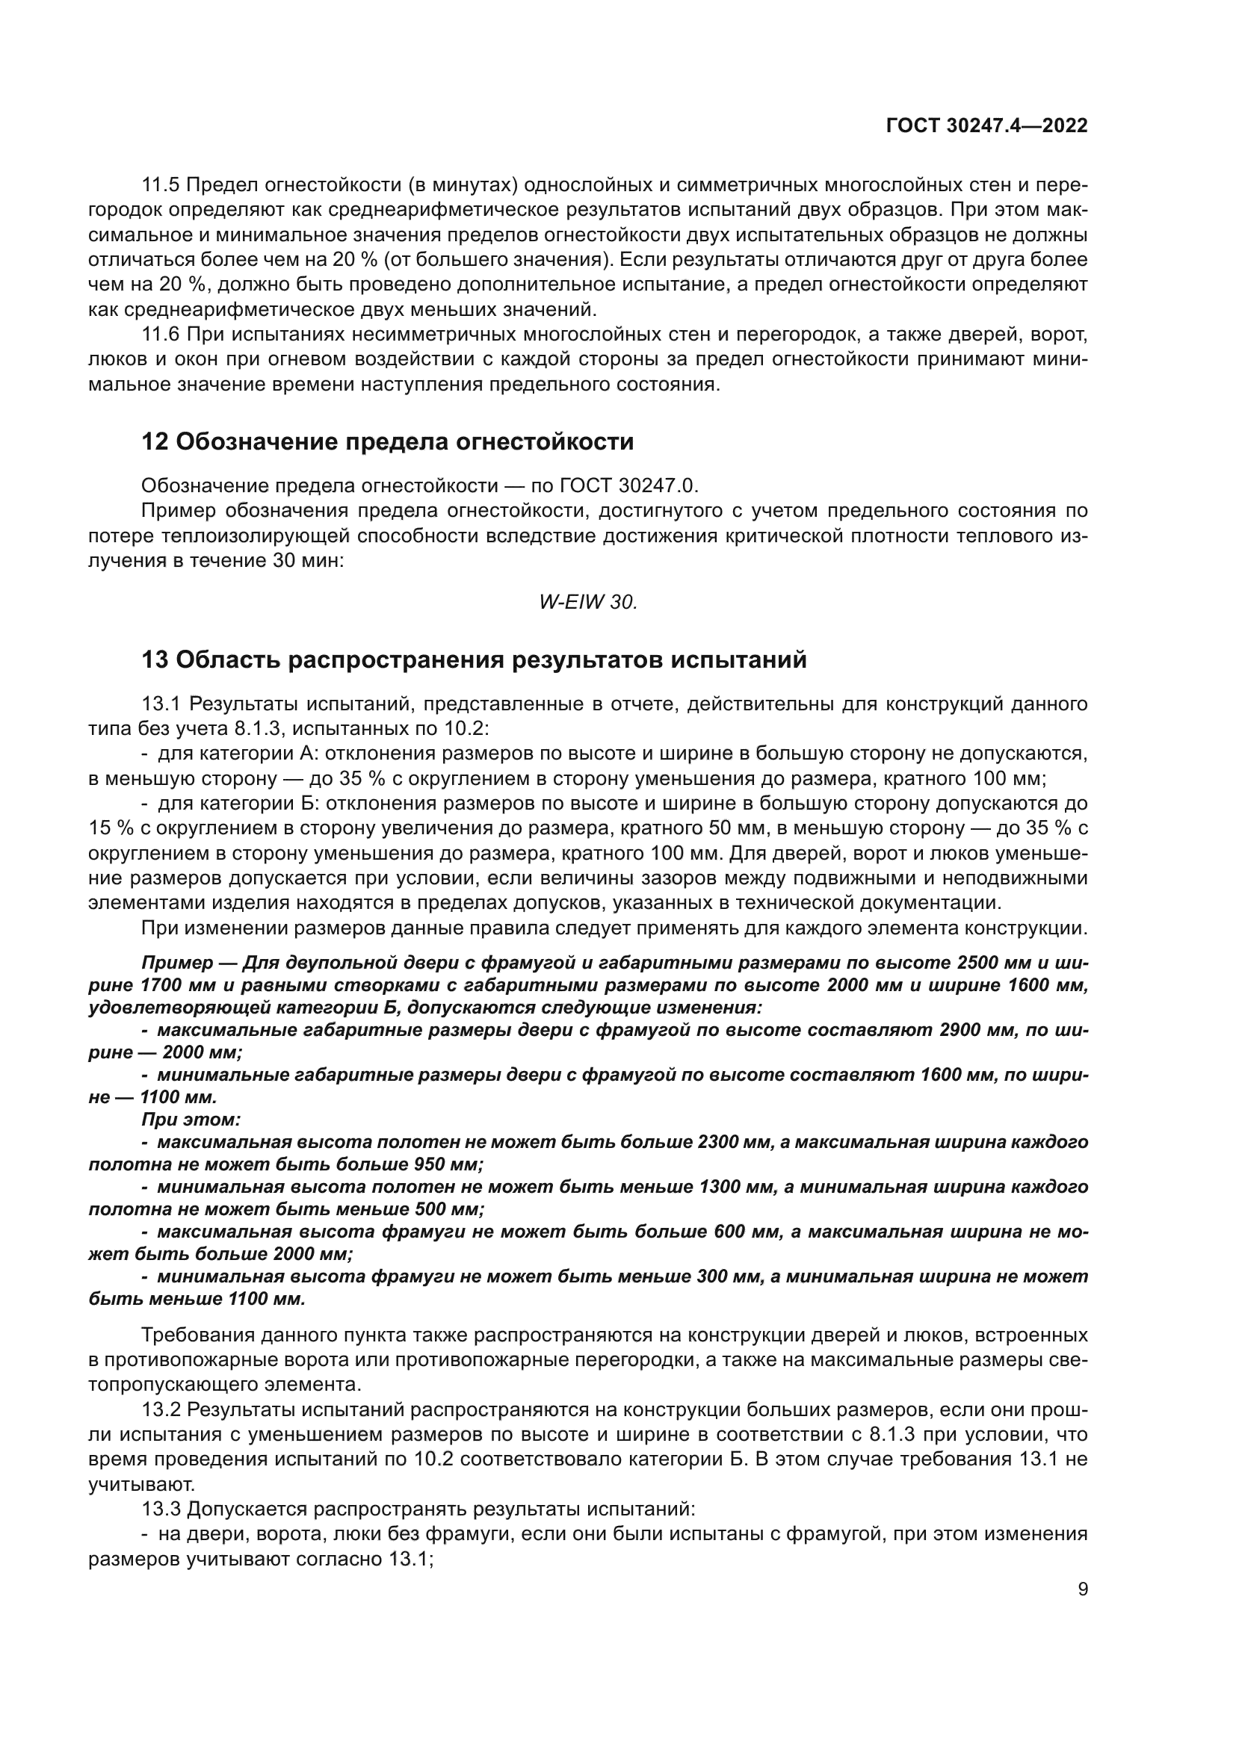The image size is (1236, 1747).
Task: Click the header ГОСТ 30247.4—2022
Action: tap(986, 125)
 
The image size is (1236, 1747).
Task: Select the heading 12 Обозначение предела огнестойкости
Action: tap(387, 441)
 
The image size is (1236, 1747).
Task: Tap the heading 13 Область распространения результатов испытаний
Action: tap(473, 660)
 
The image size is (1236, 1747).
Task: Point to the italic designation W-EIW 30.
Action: tap(587, 602)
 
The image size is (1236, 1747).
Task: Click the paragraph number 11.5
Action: tap(161, 185)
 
